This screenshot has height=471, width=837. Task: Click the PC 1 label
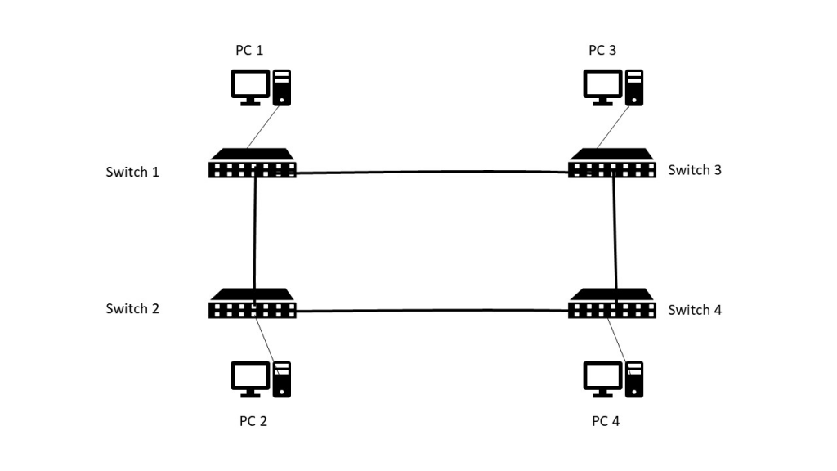tap(249, 50)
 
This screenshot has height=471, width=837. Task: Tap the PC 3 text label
tap(602, 50)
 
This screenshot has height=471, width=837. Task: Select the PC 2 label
tap(253, 421)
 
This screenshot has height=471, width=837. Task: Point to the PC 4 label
tap(606, 421)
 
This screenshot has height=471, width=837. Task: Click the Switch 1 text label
tap(132, 172)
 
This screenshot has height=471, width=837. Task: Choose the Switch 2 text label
tap(132, 308)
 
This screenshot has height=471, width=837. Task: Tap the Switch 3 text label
tap(695, 170)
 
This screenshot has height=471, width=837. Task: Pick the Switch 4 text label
tap(695, 310)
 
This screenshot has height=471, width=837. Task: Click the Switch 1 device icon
tap(252, 163)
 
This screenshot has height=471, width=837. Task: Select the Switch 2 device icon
tap(252, 303)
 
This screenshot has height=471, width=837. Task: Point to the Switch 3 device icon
tap(611, 163)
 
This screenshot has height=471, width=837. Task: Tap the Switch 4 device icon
tap(611, 303)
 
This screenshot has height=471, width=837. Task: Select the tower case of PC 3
tap(634, 87)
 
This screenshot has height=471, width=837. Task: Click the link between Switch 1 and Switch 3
tap(432, 172)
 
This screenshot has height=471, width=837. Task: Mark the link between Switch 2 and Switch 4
tap(432, 310)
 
